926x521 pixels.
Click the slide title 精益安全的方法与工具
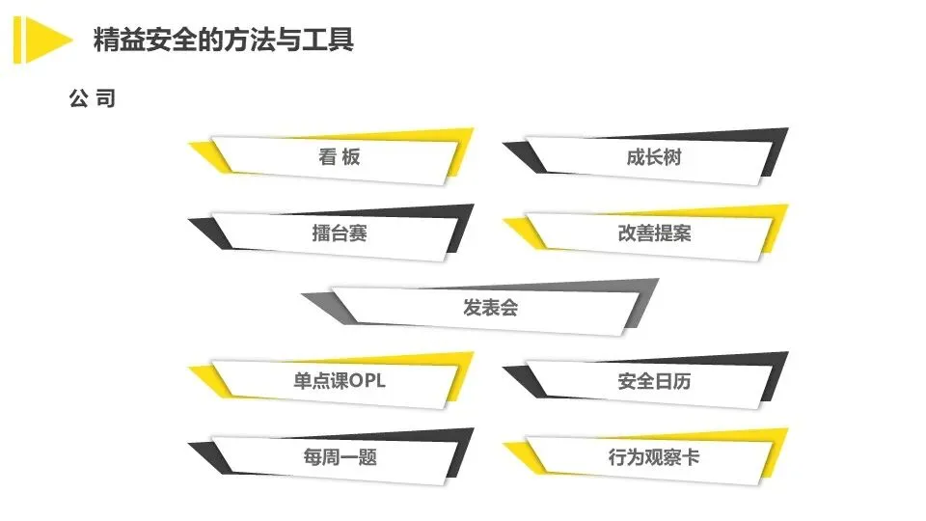[223, 40]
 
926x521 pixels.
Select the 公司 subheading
[93, 98]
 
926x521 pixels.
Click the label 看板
[340, 157]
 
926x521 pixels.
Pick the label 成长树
[653, 157]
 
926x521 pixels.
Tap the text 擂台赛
[340, 233]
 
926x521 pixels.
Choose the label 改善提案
[654, 233]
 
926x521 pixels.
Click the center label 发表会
[491, 308]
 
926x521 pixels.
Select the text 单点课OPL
[340, 381]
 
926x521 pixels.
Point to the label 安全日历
[654, 381]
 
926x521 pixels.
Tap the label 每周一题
[340, 457]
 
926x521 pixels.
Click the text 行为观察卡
[654, 457]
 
